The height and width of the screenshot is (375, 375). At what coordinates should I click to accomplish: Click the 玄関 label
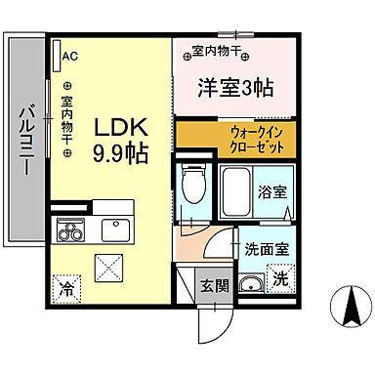(215, 286)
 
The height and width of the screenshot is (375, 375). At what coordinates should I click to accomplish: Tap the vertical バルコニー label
(25, 136)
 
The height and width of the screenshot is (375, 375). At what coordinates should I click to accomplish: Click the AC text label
(70, 56)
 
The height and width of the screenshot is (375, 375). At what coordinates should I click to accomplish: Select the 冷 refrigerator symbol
(65, 288)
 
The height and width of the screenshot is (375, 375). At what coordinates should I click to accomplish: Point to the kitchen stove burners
(70, 231)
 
